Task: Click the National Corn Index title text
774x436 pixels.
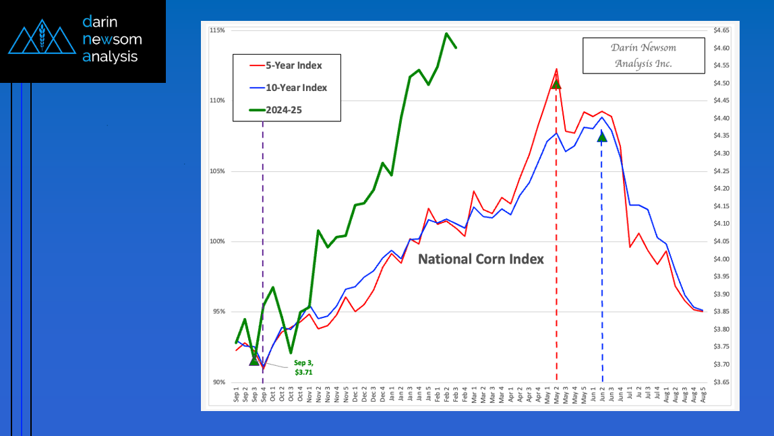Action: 481,259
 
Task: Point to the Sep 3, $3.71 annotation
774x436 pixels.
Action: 303,367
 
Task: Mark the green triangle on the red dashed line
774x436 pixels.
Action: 556,84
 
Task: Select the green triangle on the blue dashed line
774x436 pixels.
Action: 602,137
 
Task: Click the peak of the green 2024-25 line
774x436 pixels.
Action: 446,33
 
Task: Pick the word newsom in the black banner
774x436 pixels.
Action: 112,39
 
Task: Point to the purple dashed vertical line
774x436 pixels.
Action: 262,202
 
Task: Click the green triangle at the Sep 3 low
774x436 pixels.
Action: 254,361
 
